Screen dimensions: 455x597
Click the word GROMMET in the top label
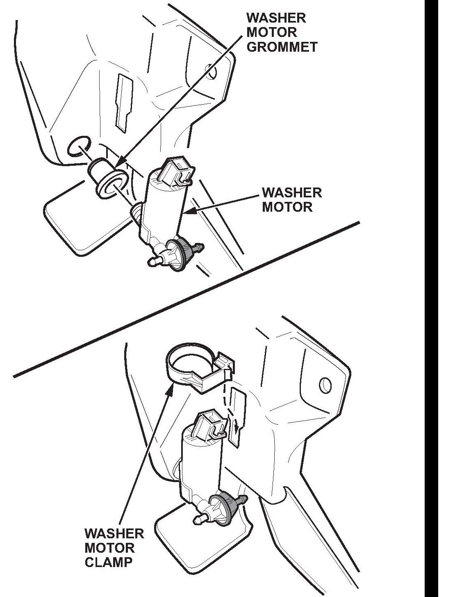pos(282,46)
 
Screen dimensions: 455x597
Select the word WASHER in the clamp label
pos(114,533)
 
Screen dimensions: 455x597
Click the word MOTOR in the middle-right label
pos(287,206)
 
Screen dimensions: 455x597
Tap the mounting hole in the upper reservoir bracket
pos(212,71)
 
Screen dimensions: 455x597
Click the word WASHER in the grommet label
pos(276,18)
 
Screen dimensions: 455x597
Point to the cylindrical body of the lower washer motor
pos(201,464)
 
